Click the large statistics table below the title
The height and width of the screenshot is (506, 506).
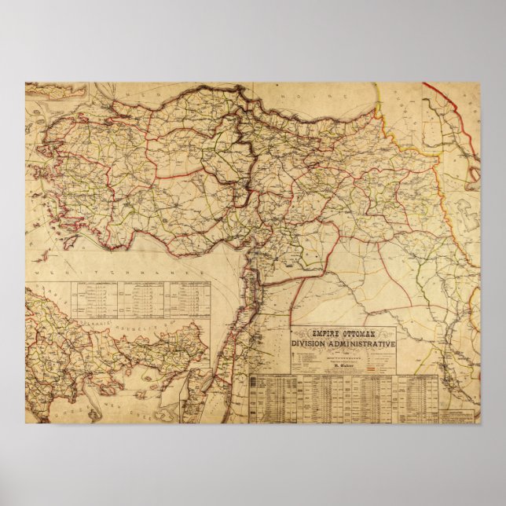pos(343,398)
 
